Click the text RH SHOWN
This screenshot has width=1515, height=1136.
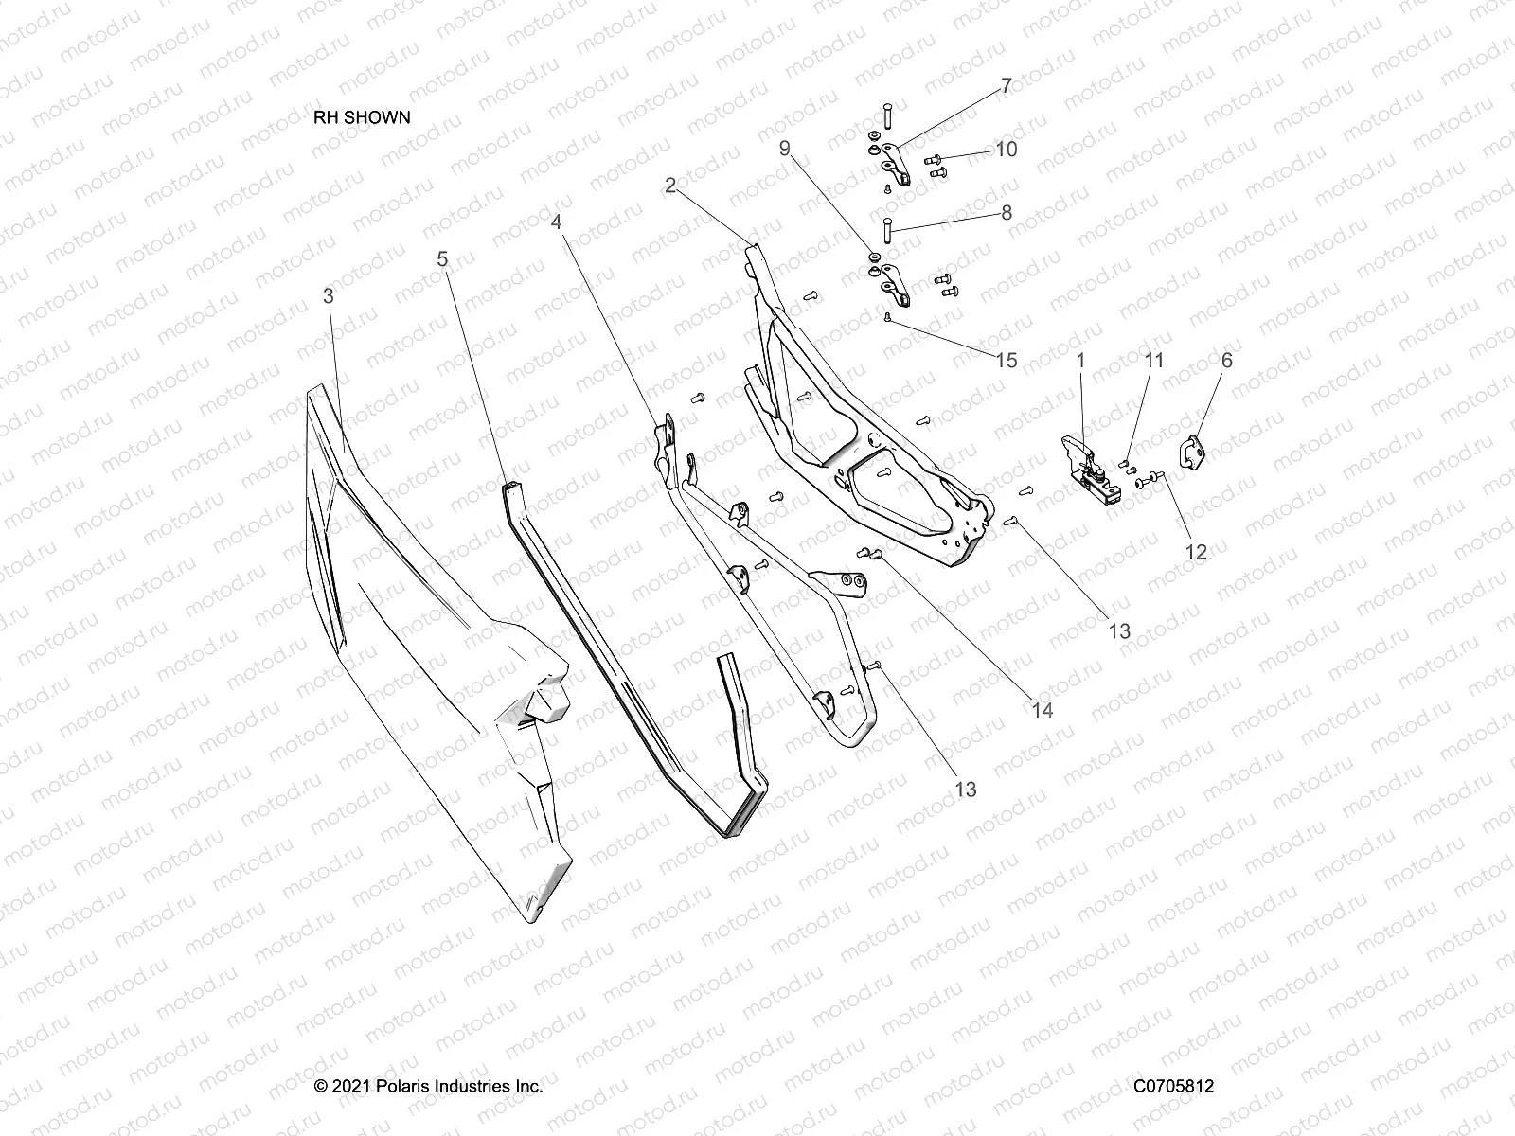click(x=362, y=117)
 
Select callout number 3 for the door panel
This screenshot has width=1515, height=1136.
click(x=329, y=296)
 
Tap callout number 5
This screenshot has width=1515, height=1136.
click(x=442, y=258)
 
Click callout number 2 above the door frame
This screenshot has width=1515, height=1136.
click(x=670, y=186)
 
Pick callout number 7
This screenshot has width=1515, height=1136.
click(x=1007, y=86)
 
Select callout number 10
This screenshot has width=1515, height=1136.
click(x=1006, y=150)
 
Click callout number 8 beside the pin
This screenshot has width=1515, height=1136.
click(x=1007, y=213)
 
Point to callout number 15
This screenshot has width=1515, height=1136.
click(x=1006, y=360)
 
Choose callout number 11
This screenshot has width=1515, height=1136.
click(x=1154, y=360)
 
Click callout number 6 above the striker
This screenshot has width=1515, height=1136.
click(x=1227, y=360)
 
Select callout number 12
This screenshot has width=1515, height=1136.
click(x=1197, y=551)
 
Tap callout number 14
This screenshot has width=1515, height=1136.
click(x=1043, y=709)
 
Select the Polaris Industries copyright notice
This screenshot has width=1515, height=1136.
click(x=428, y=1087)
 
